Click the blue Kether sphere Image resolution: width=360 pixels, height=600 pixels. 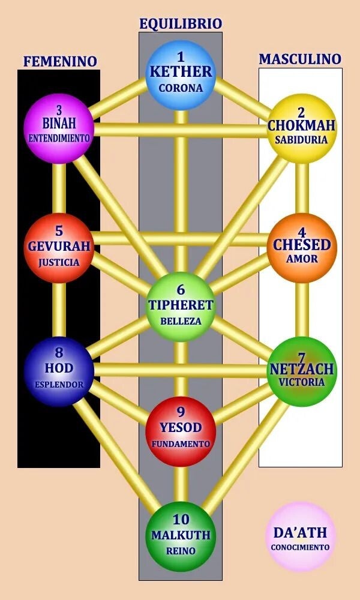181,76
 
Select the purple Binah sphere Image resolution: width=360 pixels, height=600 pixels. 59,128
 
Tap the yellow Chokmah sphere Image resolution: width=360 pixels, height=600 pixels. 301,128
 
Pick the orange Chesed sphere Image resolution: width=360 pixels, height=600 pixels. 302,248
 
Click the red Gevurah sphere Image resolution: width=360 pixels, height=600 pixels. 59,248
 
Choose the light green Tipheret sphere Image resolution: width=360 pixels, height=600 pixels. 181,307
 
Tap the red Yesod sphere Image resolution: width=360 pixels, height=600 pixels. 181,431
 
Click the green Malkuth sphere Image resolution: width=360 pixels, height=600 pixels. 181,536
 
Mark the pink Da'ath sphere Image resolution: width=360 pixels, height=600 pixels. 301,536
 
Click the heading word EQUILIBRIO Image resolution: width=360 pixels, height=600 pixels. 181,24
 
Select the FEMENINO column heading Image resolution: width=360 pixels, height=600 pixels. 60,61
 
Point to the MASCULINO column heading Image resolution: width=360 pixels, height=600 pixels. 300,59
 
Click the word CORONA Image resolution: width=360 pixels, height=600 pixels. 181,88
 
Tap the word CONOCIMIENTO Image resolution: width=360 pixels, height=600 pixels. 301,547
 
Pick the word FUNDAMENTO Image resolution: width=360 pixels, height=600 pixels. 181,444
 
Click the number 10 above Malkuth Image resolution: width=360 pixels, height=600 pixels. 181,520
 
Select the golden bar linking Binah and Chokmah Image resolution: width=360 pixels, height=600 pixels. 180,130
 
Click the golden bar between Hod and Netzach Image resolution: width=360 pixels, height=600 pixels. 180,370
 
